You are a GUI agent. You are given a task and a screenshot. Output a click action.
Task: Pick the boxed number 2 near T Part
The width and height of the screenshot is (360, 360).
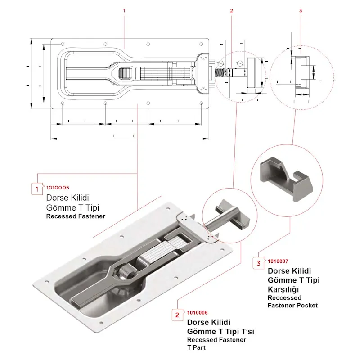[x=177, y=315]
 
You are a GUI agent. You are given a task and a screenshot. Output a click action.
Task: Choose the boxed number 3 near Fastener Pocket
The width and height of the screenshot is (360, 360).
[x=258, y=263]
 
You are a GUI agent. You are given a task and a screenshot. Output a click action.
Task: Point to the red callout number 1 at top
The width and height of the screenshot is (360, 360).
[x=124, y=10]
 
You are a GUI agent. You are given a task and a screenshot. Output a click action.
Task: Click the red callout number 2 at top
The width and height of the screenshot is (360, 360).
[x=231, y=10]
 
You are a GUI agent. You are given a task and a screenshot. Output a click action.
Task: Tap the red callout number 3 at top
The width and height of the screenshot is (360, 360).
[x=301, y=10]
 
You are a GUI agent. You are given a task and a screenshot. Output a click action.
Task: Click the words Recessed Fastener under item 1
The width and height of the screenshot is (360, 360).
[x=76, y=216]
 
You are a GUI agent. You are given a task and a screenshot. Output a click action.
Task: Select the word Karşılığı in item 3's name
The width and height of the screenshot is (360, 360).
[x=283, y=289]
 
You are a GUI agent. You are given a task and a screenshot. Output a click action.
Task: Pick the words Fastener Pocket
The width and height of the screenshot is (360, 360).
[x=292, y=305]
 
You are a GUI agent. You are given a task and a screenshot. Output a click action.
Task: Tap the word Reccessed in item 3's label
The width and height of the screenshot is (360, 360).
[x=284, y=297]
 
